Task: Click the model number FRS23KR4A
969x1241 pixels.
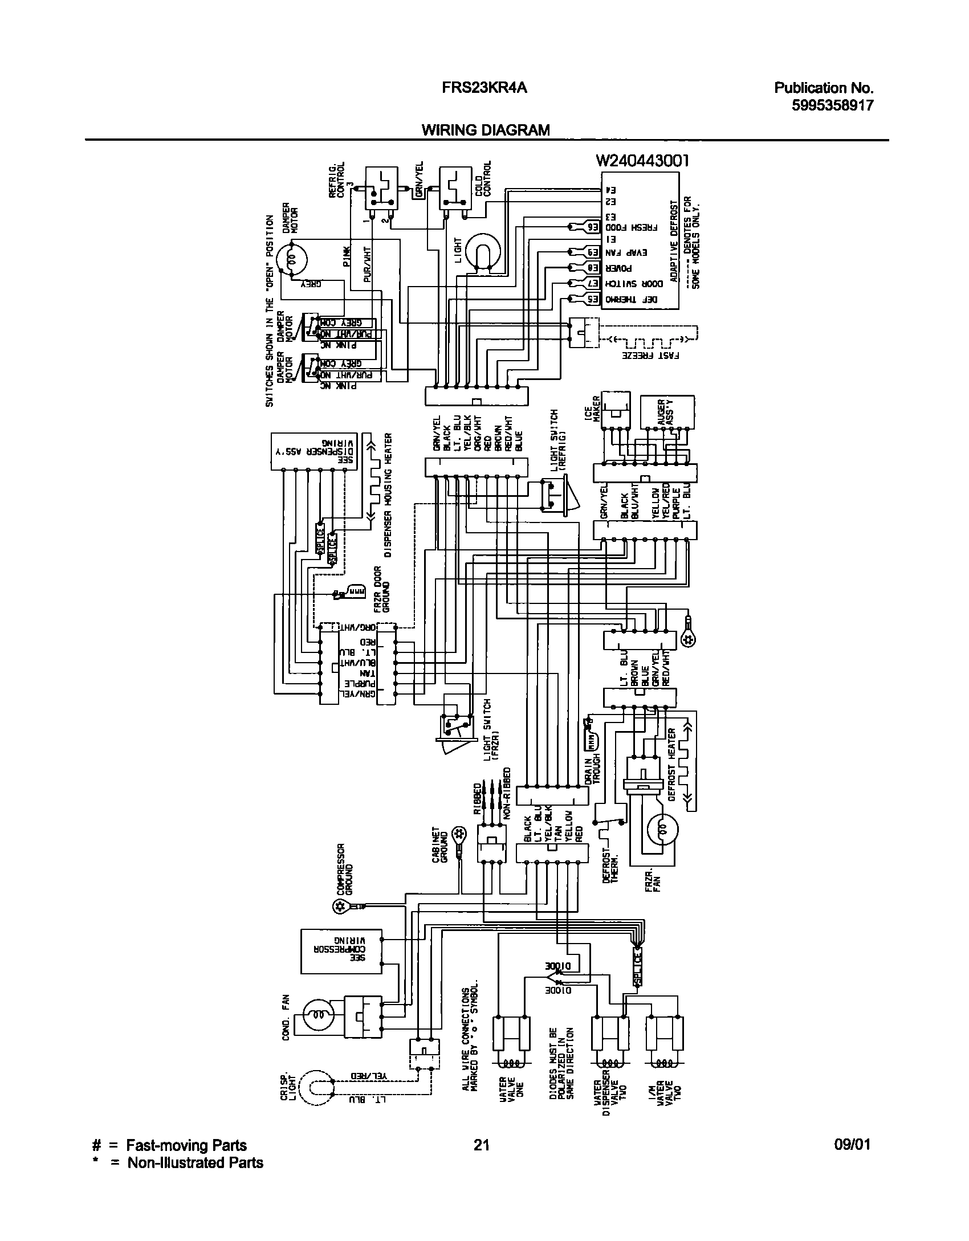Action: click(484, 88)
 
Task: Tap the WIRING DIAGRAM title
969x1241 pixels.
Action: click(486, 130)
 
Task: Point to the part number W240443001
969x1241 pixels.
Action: click(642, 161)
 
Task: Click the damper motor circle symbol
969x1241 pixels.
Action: click(291, 260)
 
